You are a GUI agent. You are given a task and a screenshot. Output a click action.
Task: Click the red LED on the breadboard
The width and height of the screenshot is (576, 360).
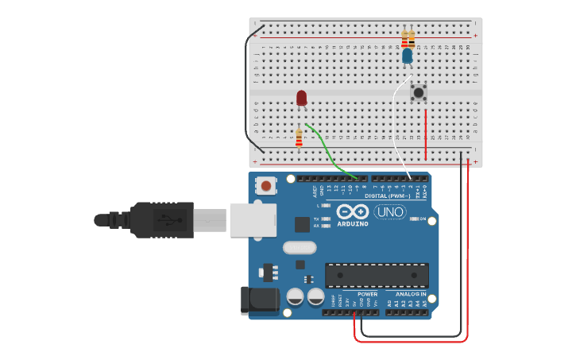click(301, 98)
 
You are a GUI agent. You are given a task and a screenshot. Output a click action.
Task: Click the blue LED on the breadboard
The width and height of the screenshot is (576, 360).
click(408, 56)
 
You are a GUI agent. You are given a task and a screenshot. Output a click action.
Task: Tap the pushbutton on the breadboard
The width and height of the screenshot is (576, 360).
click(418, 93)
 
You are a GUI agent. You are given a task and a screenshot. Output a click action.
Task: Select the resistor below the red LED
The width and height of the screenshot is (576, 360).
click(299, 138)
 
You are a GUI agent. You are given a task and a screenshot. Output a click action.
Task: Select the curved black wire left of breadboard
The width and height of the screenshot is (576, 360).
click(247, 87)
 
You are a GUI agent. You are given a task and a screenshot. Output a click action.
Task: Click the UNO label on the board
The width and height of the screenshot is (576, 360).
click(390, 211)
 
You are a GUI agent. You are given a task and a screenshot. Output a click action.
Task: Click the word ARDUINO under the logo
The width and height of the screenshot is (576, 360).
click(352, 224)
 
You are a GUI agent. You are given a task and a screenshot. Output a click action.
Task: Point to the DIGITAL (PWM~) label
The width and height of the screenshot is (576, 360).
click(387, 195)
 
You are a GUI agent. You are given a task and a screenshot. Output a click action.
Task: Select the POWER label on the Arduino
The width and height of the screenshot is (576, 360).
click(367, 294)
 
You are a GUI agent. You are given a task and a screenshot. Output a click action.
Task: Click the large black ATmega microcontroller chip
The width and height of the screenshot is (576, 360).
click(377, 275)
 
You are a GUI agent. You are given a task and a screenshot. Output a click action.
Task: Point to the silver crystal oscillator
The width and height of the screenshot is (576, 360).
click(300, 247)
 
